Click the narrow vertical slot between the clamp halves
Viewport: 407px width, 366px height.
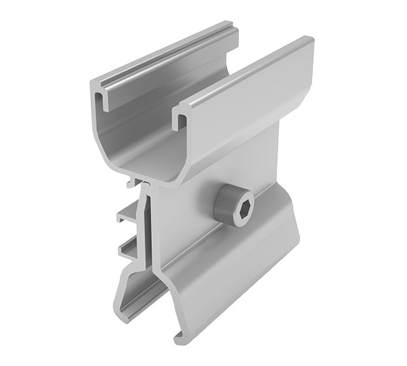point(144,224)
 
